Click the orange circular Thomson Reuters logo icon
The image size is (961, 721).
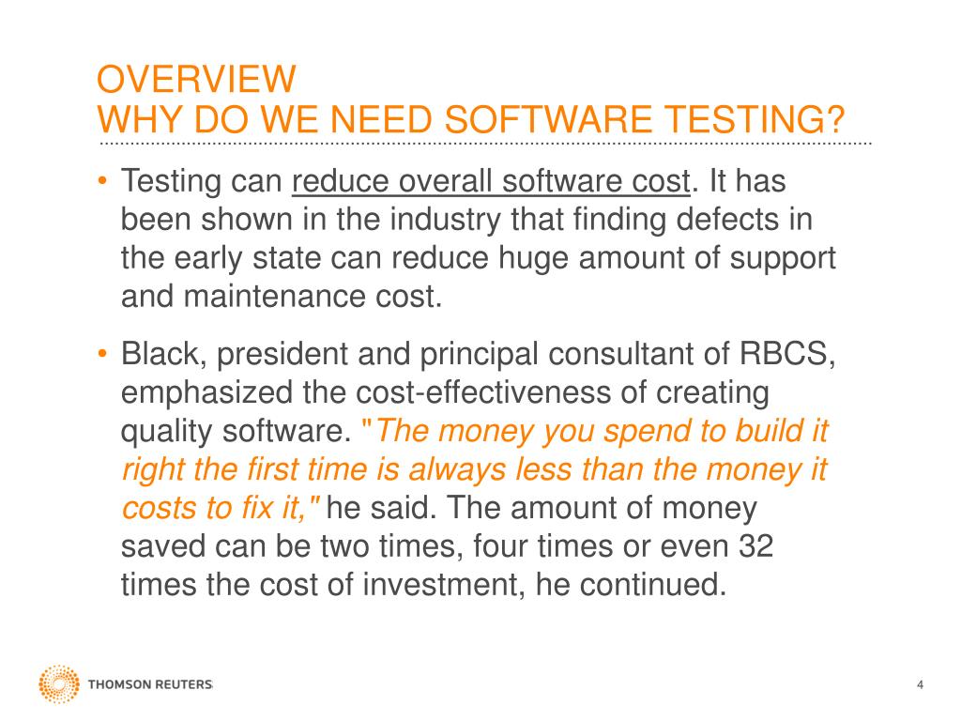59,684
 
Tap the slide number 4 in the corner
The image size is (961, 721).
920,684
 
